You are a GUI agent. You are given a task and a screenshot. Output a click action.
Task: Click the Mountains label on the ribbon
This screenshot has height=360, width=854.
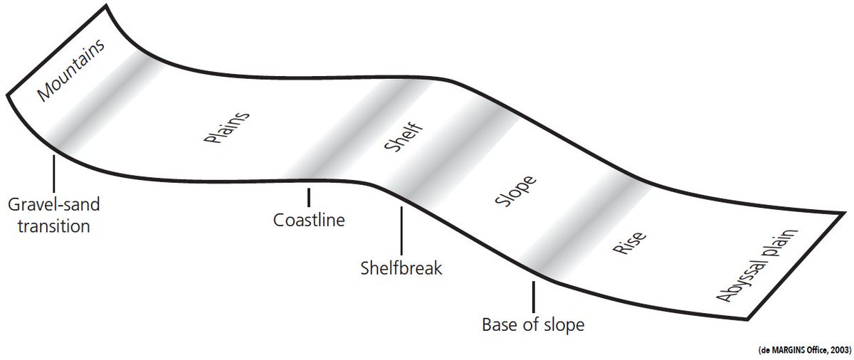[x=71, y=70]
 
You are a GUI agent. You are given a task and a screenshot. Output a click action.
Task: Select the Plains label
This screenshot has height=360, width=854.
[x=226, y=127]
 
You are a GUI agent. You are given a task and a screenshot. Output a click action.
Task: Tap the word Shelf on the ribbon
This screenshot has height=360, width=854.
[x=404, y=137]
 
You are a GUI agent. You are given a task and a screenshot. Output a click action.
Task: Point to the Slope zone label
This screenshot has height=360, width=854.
[x=515, y=191]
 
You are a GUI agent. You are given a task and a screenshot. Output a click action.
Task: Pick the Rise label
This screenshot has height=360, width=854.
[x=629, y=243]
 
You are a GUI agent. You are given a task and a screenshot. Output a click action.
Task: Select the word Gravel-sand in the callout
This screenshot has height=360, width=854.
[x=54, y=205]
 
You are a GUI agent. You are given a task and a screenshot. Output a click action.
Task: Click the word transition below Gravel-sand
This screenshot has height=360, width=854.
[x=54, y=226]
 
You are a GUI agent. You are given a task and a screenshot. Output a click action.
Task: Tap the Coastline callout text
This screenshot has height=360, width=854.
[x=309, y=220]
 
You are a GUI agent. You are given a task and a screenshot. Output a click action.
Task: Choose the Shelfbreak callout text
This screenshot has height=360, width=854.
[x=401, y=268]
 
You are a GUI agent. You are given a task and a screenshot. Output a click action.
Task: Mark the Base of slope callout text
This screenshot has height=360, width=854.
[x=533, y=325]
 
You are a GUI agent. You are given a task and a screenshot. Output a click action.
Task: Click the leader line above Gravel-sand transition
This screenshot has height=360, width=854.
[x=54, y=174]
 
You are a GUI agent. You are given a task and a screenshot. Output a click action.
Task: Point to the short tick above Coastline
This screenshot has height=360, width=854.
[x=308, y=197]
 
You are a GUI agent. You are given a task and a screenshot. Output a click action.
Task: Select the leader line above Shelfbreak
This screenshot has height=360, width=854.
[x=401, y=231]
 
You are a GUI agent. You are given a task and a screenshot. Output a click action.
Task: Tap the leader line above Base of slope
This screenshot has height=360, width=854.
[x=533, y=297]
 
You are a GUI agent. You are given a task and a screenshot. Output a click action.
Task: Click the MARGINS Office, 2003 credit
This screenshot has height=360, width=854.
[x=804, y=350]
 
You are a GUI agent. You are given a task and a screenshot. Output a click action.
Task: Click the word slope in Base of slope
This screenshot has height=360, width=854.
[x=564, y=326]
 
